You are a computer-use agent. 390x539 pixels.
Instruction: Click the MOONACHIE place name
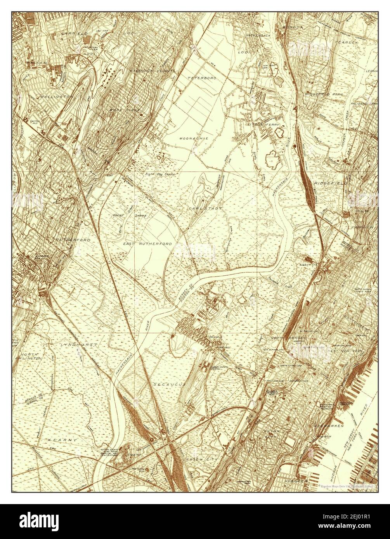[194, 138]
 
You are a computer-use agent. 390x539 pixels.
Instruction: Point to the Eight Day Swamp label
[160, 175]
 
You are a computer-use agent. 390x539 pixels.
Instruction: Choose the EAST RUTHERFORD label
[147, 244]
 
